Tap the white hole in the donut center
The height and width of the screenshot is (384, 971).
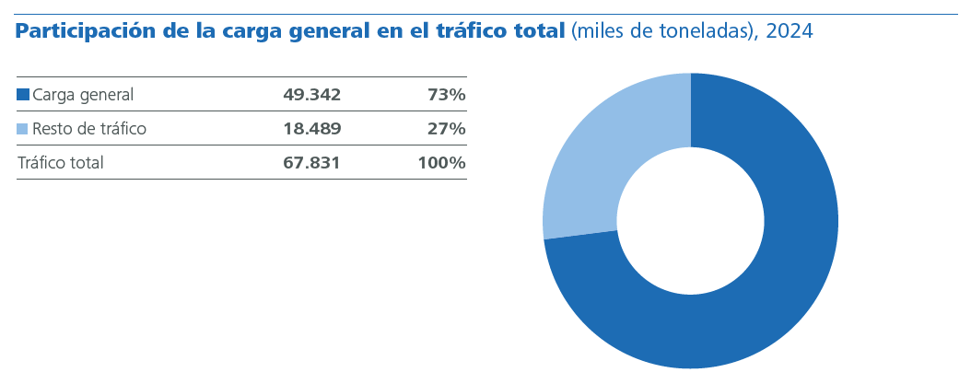coord(690,221)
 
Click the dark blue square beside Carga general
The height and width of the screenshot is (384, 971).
coord(23,94)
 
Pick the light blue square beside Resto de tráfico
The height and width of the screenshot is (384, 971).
coord(23,129)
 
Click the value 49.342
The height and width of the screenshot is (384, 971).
coord(311,94)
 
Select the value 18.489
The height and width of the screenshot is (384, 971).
coord(311,129)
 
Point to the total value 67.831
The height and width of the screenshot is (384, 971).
coord(311,163)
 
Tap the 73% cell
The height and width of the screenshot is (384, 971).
coord(446,94)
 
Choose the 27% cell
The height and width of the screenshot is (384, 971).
coord(446,129)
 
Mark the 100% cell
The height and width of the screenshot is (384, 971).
coord(441,163)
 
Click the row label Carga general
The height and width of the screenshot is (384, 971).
coord(83,94)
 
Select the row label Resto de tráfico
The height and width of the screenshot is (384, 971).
coord(89,129)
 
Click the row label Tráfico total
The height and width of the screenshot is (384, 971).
coord(60,163)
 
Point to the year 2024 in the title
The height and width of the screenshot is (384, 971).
coord(790,32)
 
